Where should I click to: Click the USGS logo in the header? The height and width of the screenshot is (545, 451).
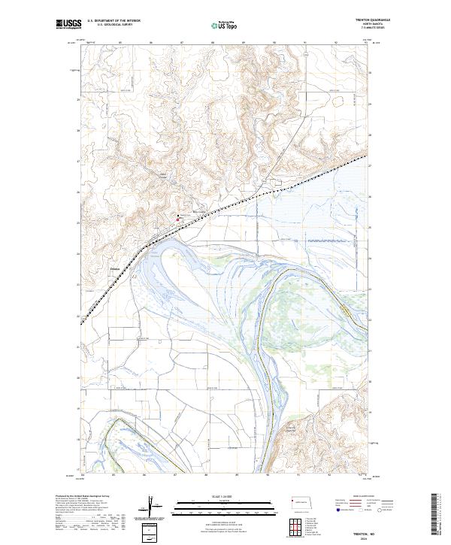click(68, 25)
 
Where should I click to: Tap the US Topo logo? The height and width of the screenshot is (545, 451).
click(225, 25)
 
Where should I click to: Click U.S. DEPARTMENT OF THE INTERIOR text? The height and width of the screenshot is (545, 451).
click(114, 20)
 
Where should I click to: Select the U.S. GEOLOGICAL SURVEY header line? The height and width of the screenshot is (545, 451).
click(114, 24)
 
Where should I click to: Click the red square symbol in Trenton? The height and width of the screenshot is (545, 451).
click(177, 220)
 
